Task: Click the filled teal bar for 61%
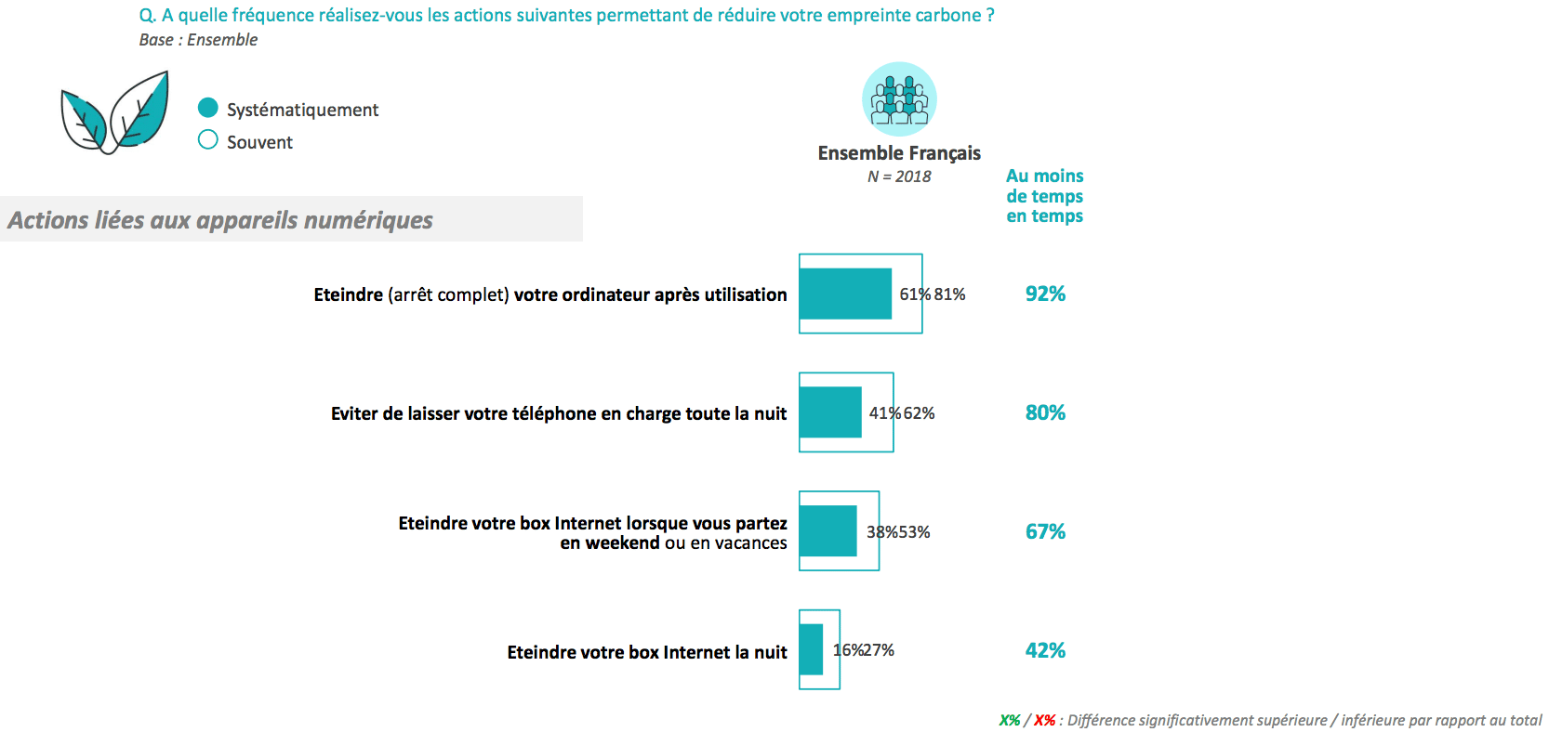845,294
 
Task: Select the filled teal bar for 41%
830,412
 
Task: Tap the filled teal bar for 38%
827,531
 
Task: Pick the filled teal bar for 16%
811,649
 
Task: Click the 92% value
1045,294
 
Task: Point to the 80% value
1045,412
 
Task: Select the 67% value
1045,531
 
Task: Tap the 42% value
1045,650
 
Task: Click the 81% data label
950,294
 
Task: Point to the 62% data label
920,413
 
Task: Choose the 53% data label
915,532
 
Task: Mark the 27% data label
880,650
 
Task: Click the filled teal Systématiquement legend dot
208,108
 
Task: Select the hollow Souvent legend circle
208,140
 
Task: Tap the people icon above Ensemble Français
899,98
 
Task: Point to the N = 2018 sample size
899,176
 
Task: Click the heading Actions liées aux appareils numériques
220,220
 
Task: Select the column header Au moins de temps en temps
1044,196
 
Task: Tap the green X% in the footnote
1009,721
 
